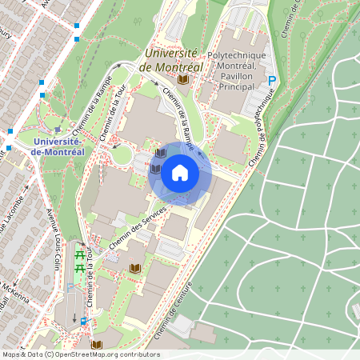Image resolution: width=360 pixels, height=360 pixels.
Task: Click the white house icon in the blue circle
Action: pyautogui.click(x=179, y=172)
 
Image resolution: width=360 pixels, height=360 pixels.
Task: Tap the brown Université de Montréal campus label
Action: pyautogui.click(x=170, y=61)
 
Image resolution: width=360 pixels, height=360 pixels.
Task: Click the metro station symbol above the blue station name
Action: pyautogui.click(x=57, y=129)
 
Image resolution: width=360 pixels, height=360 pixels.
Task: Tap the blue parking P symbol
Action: pyautogui.click(x=271, y=81)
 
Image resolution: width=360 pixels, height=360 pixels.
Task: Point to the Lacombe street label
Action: pyautogui.click(x=16, y=216)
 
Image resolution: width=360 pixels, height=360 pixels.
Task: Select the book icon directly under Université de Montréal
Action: pyautogui.click(x=182, y=81)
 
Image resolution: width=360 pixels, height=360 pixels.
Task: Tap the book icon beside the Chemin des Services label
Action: pyautogui.click(x=134, y=267)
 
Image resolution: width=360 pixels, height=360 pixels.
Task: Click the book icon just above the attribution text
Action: pyautogui.click(x=97, y=345)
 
